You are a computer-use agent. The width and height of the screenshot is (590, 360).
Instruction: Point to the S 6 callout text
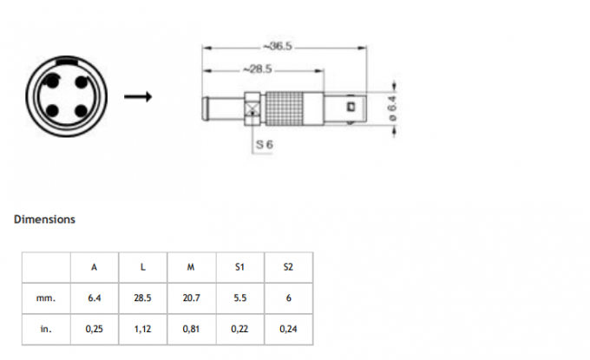point(265,148)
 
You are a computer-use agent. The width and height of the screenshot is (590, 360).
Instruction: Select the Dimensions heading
point(44,219)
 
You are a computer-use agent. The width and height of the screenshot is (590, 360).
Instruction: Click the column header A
point(94,266)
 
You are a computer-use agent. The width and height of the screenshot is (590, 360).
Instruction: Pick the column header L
point(142,266)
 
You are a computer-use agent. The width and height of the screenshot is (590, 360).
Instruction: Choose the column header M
point(191,266)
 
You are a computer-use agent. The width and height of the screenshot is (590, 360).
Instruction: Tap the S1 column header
point(239,266)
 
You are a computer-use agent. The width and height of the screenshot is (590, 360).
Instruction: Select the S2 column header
point(288,266)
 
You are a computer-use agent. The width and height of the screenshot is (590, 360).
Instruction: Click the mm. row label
point(46,298)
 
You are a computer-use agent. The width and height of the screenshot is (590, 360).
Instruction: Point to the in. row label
point(46,329)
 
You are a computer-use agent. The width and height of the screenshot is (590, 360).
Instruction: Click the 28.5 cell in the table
point(142,298)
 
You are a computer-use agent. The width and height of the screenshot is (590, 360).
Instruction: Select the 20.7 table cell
point(191,298)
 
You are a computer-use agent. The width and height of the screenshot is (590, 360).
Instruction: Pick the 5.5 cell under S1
point(239,298)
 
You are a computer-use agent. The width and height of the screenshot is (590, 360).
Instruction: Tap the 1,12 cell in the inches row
point(142,329)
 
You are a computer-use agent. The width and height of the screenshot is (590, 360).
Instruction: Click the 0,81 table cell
point(191,329)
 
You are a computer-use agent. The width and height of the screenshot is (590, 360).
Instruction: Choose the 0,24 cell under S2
point(288,329)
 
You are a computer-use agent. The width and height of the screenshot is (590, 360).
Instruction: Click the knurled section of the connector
point(294,108)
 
